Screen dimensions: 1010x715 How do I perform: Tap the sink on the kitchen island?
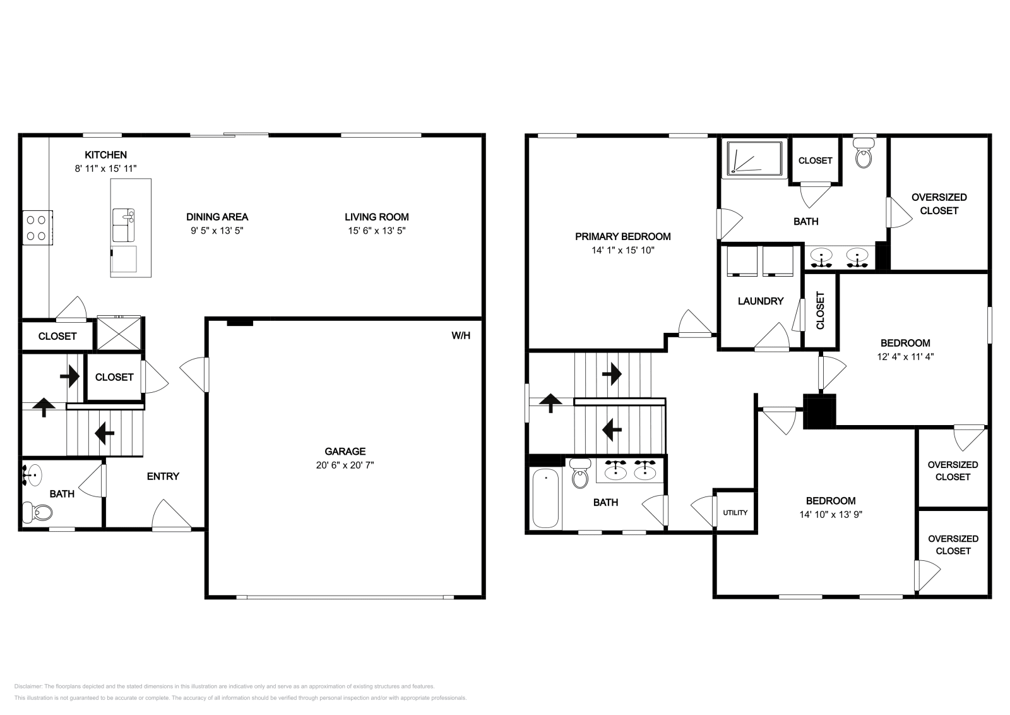pos(124,225)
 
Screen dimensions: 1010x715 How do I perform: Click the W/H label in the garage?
pos(461,335)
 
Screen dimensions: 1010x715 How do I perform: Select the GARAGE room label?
pos(345,451)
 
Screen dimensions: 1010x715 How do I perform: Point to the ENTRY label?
pos(163,476)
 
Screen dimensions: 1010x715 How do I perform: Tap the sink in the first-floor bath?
pos(32,475)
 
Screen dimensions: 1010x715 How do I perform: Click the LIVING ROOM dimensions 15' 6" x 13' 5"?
pos(376,231)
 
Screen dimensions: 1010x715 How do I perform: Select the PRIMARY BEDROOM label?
pos(622,236)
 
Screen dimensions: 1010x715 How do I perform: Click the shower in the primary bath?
pos(754,159)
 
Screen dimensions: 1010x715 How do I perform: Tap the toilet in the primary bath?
pos(864,153)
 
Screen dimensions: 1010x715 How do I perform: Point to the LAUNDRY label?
pos(761,301)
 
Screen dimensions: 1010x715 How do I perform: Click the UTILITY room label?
pos(735,512)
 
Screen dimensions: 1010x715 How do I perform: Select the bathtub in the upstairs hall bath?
pos(545,498)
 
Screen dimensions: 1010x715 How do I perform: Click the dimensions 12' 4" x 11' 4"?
pos(905,356)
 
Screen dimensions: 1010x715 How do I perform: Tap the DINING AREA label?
pos(217,217)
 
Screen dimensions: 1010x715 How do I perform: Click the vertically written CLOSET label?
pos(820,310)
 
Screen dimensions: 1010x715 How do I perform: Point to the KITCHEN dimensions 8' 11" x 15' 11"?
pos(105,169)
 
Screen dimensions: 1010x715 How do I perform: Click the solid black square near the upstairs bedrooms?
pos(820,411)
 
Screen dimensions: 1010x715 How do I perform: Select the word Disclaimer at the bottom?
pos(28,686)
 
